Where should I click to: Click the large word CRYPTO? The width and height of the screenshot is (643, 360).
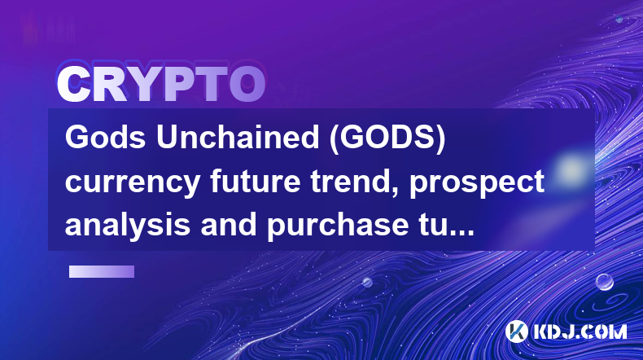pos(161,84)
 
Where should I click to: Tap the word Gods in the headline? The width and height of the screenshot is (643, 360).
pos(105,138)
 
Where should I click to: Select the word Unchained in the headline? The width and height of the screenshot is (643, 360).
pos(238,138)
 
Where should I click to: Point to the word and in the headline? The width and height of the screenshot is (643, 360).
pos(229,224)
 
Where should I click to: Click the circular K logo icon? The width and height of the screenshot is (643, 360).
pos(516,331)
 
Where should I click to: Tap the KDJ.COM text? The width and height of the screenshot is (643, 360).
pos(580,331)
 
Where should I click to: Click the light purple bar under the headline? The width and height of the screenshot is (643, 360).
pos(102,271)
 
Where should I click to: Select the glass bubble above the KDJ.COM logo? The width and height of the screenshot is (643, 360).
pos(605,282)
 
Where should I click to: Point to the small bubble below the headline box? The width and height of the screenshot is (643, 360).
pos(367,282)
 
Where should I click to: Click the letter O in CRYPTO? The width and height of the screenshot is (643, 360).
pos(247,84)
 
